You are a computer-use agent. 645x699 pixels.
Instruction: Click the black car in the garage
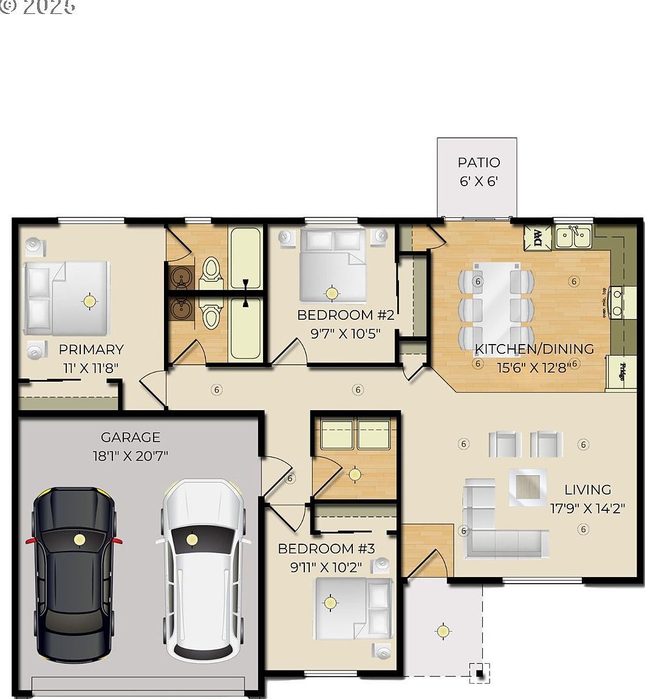click(74, 573)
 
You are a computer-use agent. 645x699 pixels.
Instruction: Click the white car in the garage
click(203, 570)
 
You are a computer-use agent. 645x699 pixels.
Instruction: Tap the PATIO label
click(479, 163)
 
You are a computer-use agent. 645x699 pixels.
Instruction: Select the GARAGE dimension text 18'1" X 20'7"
click(131, 455)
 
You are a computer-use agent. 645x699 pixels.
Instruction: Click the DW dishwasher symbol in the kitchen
click(537, 237)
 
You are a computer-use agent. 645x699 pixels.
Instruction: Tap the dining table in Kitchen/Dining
click(496, 300)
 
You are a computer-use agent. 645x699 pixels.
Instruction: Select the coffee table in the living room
click(527, 487)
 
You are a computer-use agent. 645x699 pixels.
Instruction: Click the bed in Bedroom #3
click(352, 609)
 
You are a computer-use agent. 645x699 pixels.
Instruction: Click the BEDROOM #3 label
click(326, 549)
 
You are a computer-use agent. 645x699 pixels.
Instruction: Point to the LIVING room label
click(587, 489)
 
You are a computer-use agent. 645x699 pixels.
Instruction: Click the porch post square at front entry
click(480, 672)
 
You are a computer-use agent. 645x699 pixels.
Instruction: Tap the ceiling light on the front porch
click(443, 631)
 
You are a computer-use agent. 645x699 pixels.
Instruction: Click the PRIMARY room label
click(91, 349)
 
